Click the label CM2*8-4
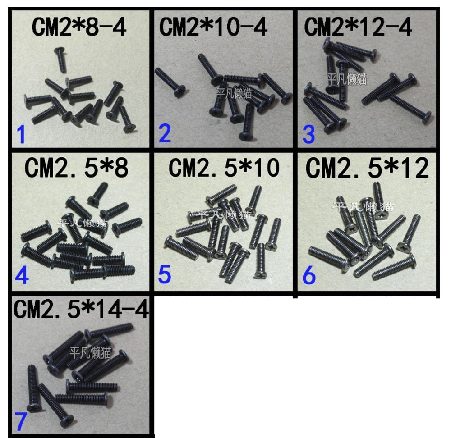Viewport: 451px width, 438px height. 79,27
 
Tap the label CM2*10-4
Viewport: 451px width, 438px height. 213,27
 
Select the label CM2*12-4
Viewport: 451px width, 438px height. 358,27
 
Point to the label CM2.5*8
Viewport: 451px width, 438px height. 77,168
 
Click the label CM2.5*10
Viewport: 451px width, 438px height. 224,168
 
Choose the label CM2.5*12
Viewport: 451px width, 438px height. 367,168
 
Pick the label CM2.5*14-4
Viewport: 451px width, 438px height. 81,309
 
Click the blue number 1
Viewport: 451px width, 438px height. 21,134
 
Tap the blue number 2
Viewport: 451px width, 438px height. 165,133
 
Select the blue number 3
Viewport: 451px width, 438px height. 308,134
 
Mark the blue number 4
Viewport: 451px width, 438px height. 22,275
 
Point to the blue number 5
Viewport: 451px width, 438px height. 165,274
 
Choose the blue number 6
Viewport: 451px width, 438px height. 309,275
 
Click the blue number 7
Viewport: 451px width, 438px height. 21,421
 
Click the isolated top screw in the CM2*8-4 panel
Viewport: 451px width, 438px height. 60,59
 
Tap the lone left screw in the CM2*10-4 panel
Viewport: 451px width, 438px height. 170,82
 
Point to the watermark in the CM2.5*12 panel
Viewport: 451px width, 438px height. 363,207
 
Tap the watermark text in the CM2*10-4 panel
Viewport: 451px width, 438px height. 234,93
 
